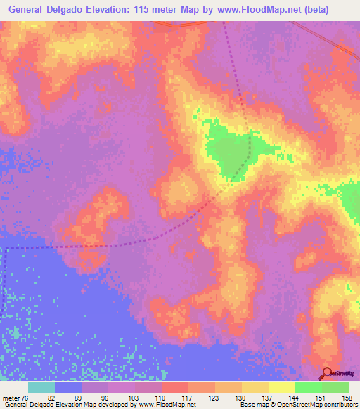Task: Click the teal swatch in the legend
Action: tap(41, 388)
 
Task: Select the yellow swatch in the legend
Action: tap(281, 388)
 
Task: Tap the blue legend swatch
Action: tap(68, 388)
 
